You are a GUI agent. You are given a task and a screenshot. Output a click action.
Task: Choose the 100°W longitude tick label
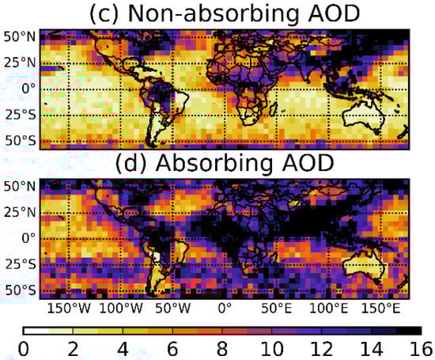coord(120,307)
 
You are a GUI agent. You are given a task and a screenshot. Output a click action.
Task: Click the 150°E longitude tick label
coord(379,307)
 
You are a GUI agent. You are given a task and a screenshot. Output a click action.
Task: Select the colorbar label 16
coord(422,349)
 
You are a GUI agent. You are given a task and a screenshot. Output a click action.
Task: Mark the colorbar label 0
coord(24,349)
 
